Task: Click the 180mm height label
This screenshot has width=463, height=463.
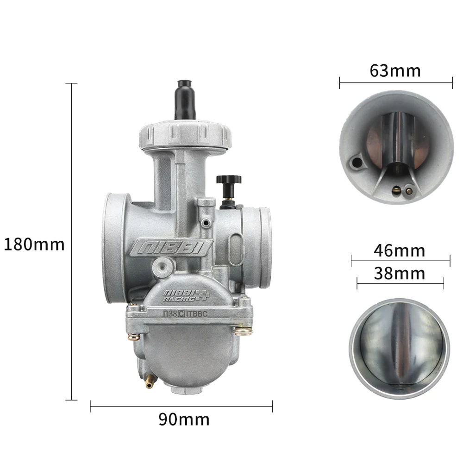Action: coord(34,244)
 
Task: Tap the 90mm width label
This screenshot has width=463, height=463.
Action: coord(184,419)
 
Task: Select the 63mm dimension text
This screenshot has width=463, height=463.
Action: coord(395,71)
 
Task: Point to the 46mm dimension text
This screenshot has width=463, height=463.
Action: coord(400,250)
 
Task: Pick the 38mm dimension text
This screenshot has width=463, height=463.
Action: coord(400,274)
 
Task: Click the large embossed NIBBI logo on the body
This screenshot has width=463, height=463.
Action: coord(171,248)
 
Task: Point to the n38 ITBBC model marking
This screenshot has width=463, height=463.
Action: coord(186,313)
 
